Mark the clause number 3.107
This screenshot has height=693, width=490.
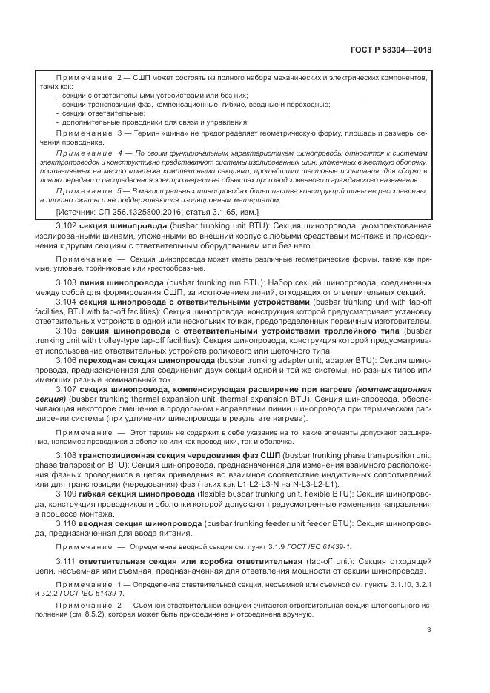[x=67, y=388]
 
